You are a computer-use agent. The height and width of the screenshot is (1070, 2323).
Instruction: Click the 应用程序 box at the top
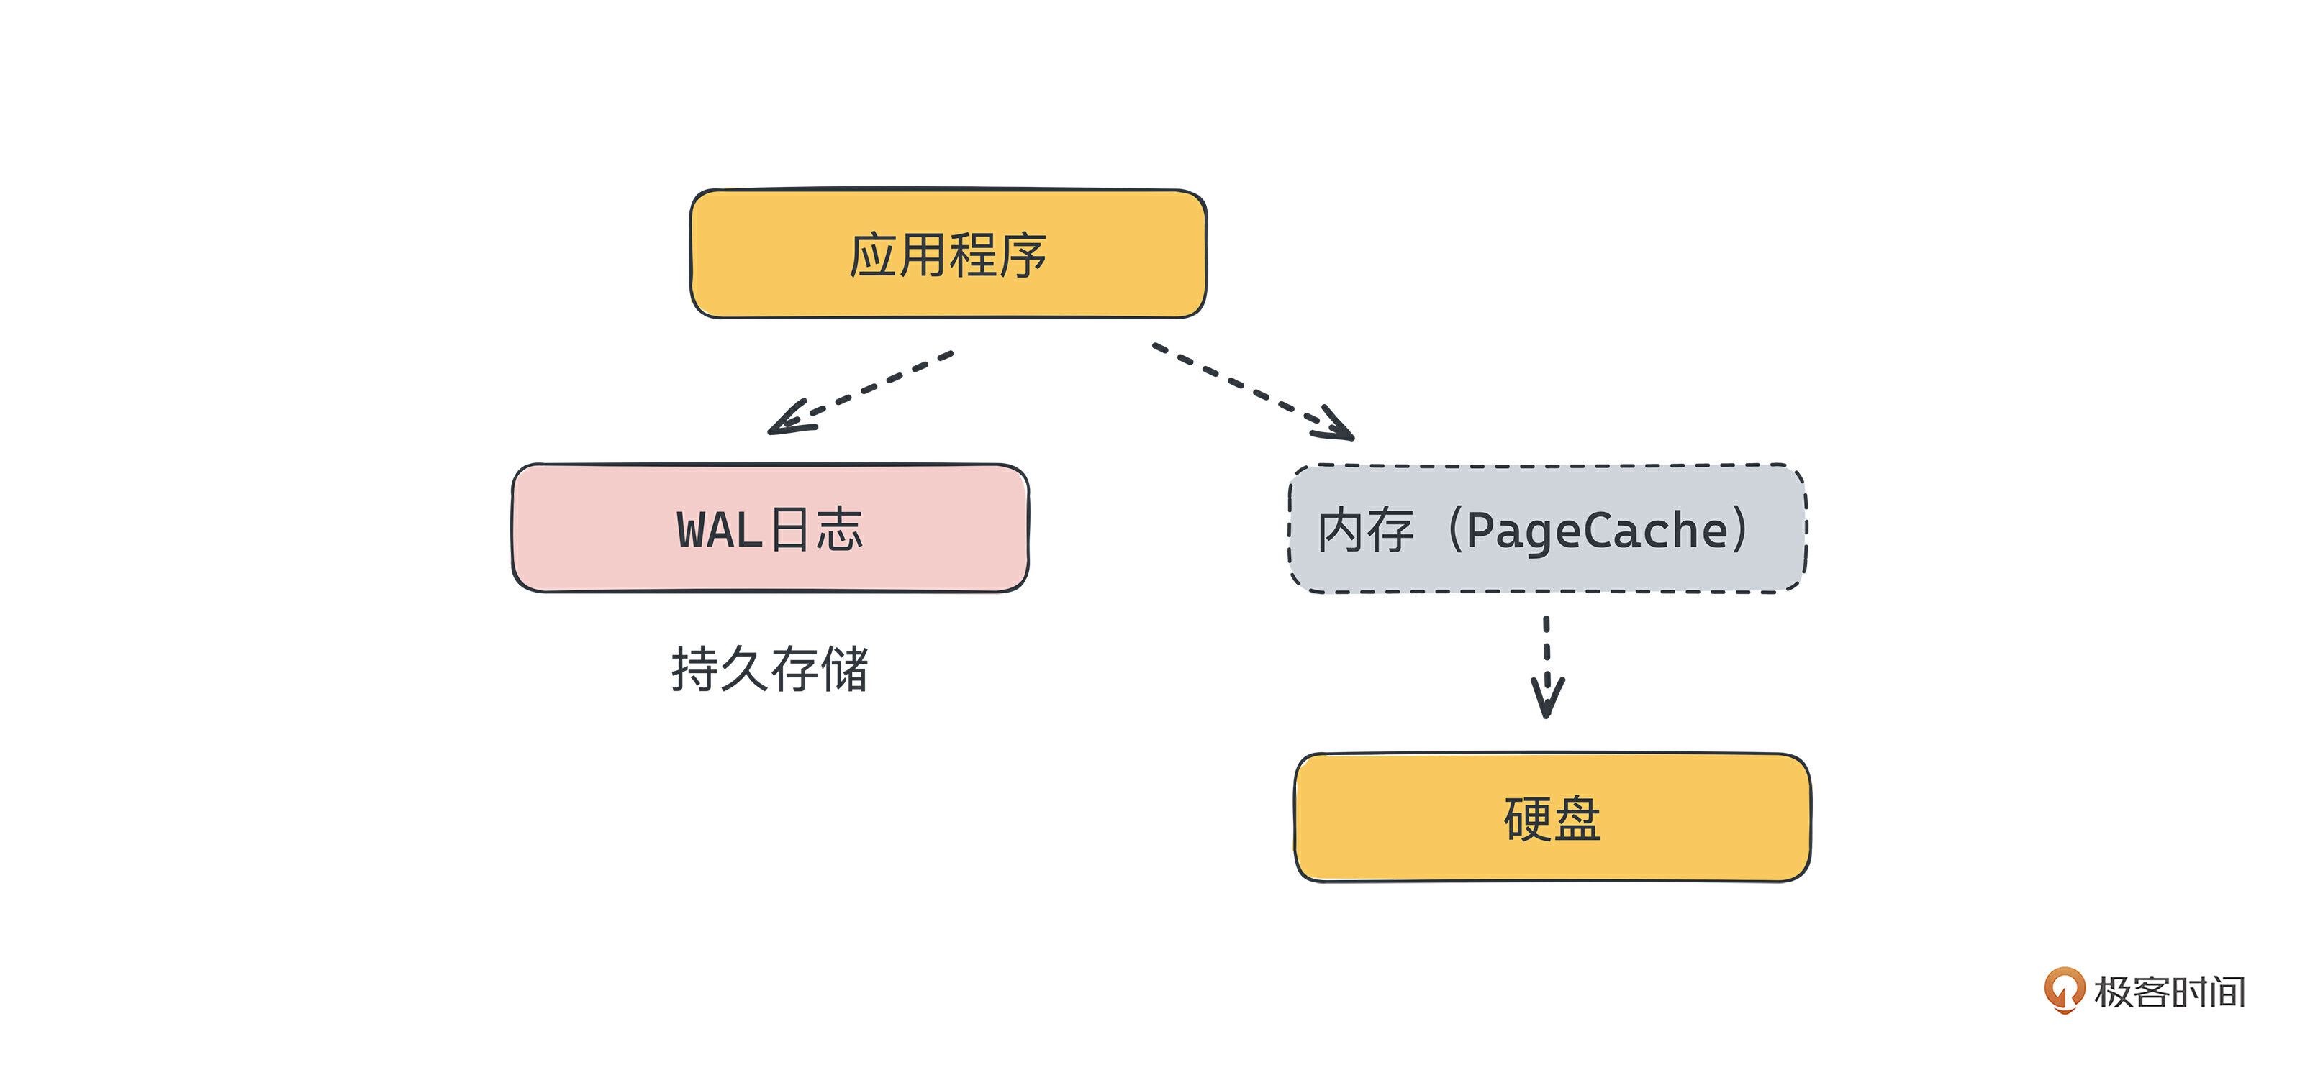948,253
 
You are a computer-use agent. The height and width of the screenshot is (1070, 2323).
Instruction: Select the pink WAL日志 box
769,529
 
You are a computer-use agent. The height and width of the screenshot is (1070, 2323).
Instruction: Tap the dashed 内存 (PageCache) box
1547,529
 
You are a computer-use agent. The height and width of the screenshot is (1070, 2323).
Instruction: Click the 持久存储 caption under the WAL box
769,669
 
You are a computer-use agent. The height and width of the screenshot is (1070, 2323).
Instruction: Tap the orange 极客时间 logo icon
2063,989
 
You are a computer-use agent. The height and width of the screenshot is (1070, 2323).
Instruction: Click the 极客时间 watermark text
2169,992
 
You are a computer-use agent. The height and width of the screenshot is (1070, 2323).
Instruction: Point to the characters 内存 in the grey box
1365,530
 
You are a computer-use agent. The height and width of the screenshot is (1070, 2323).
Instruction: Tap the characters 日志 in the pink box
817,529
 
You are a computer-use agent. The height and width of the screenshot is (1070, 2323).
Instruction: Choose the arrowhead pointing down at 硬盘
1547,699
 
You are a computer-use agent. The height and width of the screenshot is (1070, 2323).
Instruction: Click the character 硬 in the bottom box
1527,818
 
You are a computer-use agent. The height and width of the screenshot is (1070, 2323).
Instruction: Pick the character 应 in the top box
873,255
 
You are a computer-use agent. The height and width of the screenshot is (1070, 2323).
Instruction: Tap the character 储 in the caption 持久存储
844,669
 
